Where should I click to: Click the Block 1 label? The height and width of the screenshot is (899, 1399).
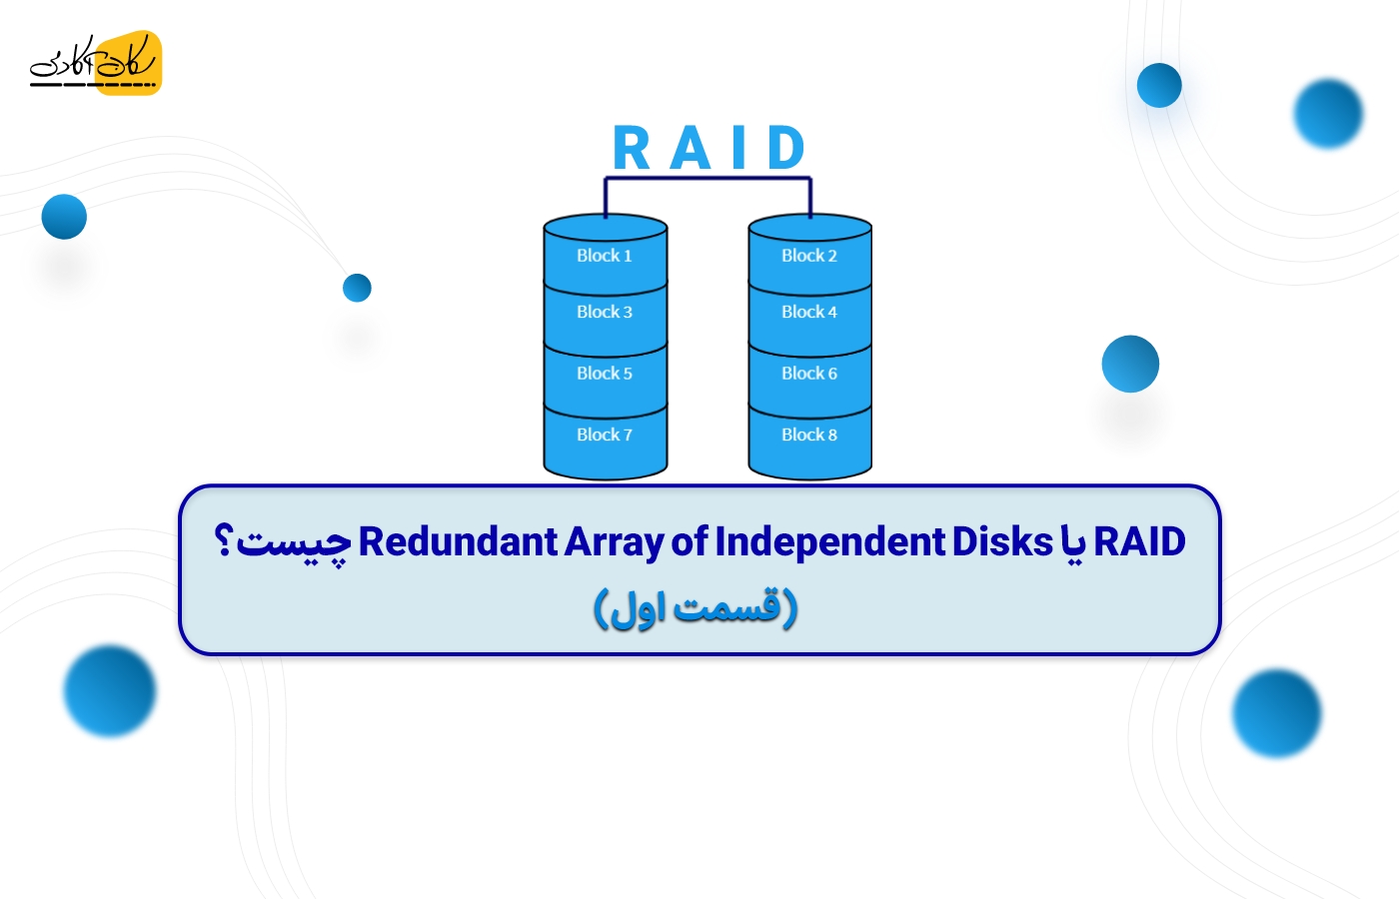click(x=605, y=256)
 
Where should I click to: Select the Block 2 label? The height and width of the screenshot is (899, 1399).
click(x=809, y=256)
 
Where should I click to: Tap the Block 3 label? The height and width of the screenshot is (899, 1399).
click(x=605, y=312)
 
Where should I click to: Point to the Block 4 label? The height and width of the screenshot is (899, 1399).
click(x=809, y=312)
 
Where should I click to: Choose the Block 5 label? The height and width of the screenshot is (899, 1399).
click(x=605, y=374)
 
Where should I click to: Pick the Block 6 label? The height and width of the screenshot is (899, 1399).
click(x=809, y=374)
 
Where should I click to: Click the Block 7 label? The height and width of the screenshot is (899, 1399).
click(x=605, y=435)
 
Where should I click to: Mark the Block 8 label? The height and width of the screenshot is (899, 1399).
click(x=809, y=435)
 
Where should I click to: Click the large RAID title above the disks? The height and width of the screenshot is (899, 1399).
click(x=708, y=149)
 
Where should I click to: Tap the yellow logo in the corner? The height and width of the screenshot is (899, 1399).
click(x=96, y=63)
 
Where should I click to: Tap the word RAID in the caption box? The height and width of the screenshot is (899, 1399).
click(x=1139, y=541)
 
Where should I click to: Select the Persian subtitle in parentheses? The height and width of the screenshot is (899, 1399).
click(x=696, y=607)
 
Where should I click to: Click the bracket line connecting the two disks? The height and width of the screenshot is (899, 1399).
click(x=707, y=179)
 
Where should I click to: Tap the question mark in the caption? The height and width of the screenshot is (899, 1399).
click(x=224, y=541)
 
